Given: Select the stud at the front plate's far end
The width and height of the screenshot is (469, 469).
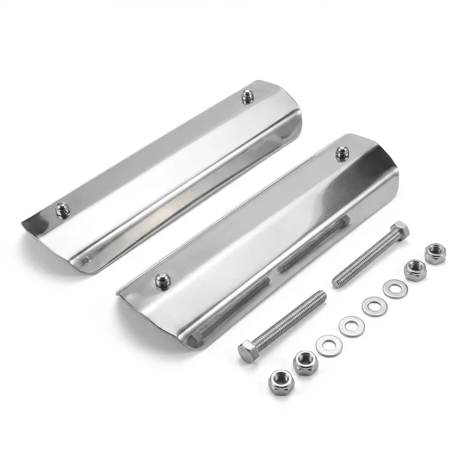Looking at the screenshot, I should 342,154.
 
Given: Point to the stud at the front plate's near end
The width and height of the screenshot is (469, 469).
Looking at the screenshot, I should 162,279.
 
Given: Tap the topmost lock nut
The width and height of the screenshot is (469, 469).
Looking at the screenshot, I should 434,253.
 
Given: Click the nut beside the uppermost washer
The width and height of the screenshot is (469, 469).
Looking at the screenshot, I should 416,270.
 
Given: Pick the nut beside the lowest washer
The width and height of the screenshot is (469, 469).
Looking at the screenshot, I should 305,363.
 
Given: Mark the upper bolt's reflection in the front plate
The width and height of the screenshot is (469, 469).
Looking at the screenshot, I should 311,240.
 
